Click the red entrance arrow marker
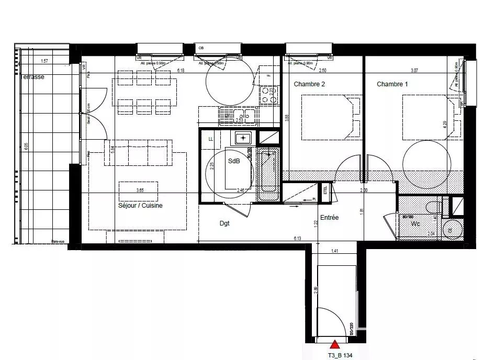tap(335, 344)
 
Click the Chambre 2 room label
tap(309, 84)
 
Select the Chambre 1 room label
tap(392, 84)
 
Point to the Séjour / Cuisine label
tap(140, 206)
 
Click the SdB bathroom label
tap(233, 162)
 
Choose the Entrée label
tap(330, 218)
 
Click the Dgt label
tap(224, 223)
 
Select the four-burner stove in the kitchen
tap(269, 95)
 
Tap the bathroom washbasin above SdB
tap(243, 138)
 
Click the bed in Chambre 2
tap(331, 117)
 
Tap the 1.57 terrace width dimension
tap(44, 61)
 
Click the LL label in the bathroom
tap(210, 139)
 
